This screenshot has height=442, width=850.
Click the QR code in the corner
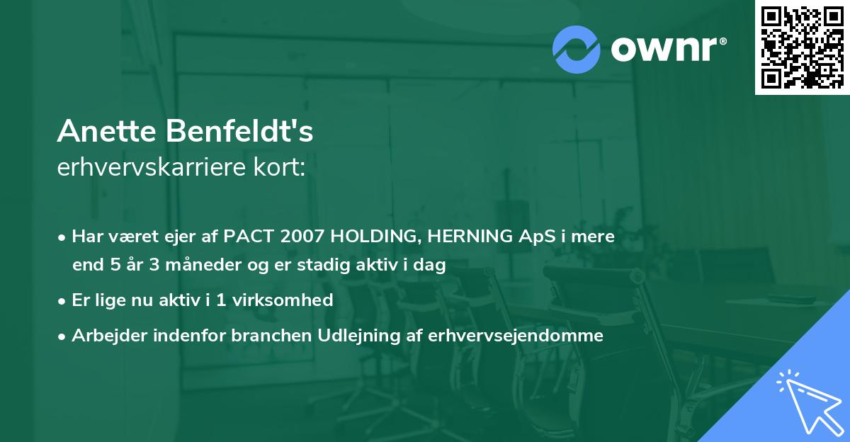(x=802, y=47)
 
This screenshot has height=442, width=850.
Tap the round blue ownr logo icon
(x=577, y=50)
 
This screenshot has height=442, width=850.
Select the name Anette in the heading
(x=109, y=131)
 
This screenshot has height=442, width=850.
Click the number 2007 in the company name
(x=291, y=237)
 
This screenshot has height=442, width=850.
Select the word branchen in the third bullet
(x=263, y=336)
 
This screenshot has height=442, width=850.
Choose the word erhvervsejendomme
(x=516, y=336)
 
